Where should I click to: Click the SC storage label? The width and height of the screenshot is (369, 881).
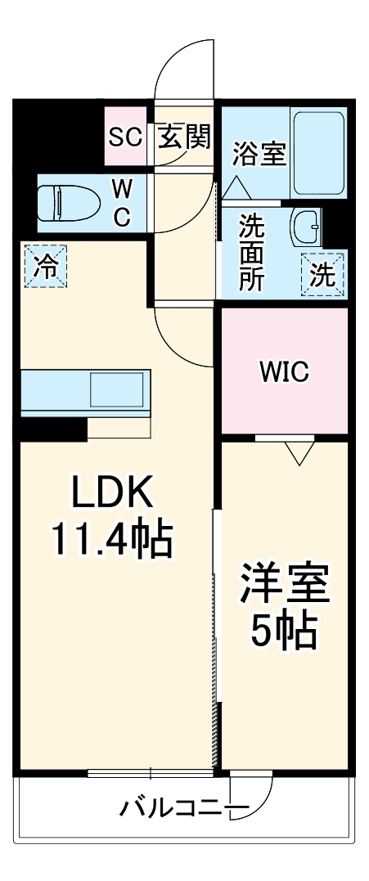(x=126, y=137)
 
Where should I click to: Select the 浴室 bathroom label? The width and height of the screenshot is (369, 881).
(x=259, y=154)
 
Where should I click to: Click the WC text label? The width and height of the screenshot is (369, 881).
(x=121, y=203)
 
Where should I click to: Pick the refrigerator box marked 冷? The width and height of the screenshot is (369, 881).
(x=46, y=267)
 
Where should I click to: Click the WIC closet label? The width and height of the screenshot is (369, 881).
(x=284, y=372)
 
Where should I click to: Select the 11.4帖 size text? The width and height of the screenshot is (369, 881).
(x=112, y=539)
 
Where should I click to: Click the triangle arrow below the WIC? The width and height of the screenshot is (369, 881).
(x=299, y=452)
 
